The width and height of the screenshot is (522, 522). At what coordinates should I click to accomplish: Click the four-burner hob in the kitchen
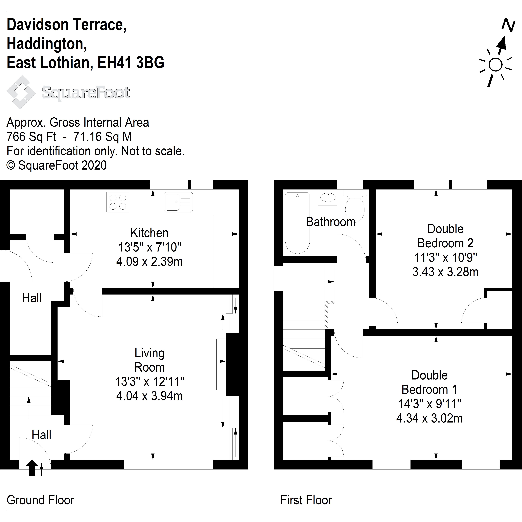tap(118, 202)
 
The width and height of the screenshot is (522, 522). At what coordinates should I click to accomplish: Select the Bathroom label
tap(331, 222)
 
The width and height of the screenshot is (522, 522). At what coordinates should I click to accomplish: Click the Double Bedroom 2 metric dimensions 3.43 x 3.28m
tap(445, 272)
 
